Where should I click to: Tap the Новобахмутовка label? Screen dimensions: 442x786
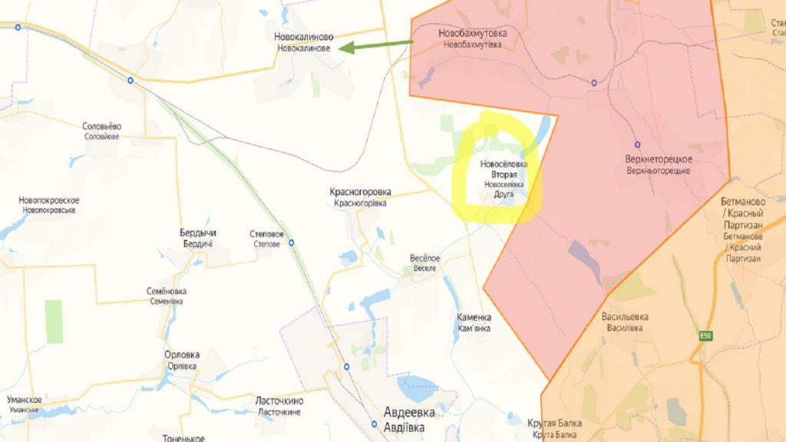coord(472,39)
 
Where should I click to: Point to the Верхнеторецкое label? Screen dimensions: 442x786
coord(659,164)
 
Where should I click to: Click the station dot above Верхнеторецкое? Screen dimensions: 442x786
coord(636,144)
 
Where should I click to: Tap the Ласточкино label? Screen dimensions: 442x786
coord(280,405)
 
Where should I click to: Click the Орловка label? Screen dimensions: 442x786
coord(182,360)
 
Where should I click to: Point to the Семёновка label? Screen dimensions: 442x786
coord(167,296)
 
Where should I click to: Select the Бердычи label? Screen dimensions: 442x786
coord(196,238)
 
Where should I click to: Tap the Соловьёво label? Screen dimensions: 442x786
coord(102,130)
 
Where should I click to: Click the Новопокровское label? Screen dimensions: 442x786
coord(49,205)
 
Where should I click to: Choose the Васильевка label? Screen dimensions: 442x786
coord(625,322)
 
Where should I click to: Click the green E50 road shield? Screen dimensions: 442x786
coord(705,335)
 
